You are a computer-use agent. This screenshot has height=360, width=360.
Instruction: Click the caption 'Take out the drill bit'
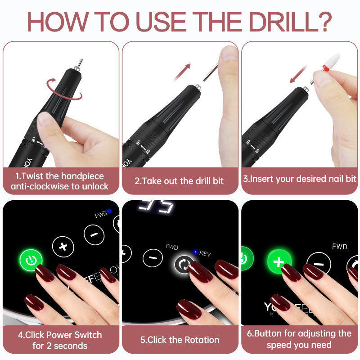pos(179,181)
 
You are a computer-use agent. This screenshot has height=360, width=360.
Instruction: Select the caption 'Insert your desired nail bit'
pos(300,179)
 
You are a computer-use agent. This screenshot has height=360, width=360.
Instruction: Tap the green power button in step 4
pos(31,260)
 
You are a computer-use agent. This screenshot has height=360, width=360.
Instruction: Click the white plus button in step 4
pos(63,246)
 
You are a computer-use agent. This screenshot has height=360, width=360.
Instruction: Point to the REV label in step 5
pos(205,254)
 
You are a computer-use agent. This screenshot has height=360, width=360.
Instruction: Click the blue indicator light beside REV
pos(195,252)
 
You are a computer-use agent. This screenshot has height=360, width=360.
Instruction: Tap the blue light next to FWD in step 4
pos(109,211)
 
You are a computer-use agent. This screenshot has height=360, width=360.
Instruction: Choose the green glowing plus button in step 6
pos(278,261)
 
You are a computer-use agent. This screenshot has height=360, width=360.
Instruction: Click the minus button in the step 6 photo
pos(319,264)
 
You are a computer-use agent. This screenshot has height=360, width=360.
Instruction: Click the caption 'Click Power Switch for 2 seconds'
pos(60,340)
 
